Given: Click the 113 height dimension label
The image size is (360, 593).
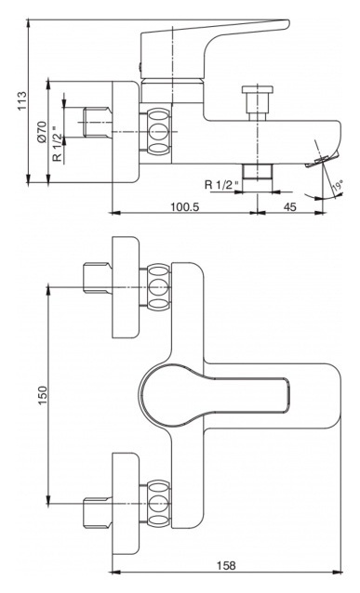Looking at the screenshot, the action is coord(22,100).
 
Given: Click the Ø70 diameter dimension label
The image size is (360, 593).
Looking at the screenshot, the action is coord(42,132).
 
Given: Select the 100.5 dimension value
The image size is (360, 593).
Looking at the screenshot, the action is coord(185,206).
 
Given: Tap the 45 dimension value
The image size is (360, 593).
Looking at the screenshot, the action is coord(290,206).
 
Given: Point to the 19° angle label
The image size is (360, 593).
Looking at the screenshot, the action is coord(338,187).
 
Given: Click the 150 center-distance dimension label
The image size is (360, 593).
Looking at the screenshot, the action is coord(43,395).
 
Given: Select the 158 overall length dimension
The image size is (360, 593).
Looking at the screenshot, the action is coord(226,565).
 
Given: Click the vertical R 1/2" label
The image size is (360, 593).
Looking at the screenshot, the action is coord(57,142).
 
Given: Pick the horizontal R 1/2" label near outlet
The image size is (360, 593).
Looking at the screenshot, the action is coord(221,185).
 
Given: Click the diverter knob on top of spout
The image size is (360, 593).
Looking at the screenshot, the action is coord(258,102).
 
